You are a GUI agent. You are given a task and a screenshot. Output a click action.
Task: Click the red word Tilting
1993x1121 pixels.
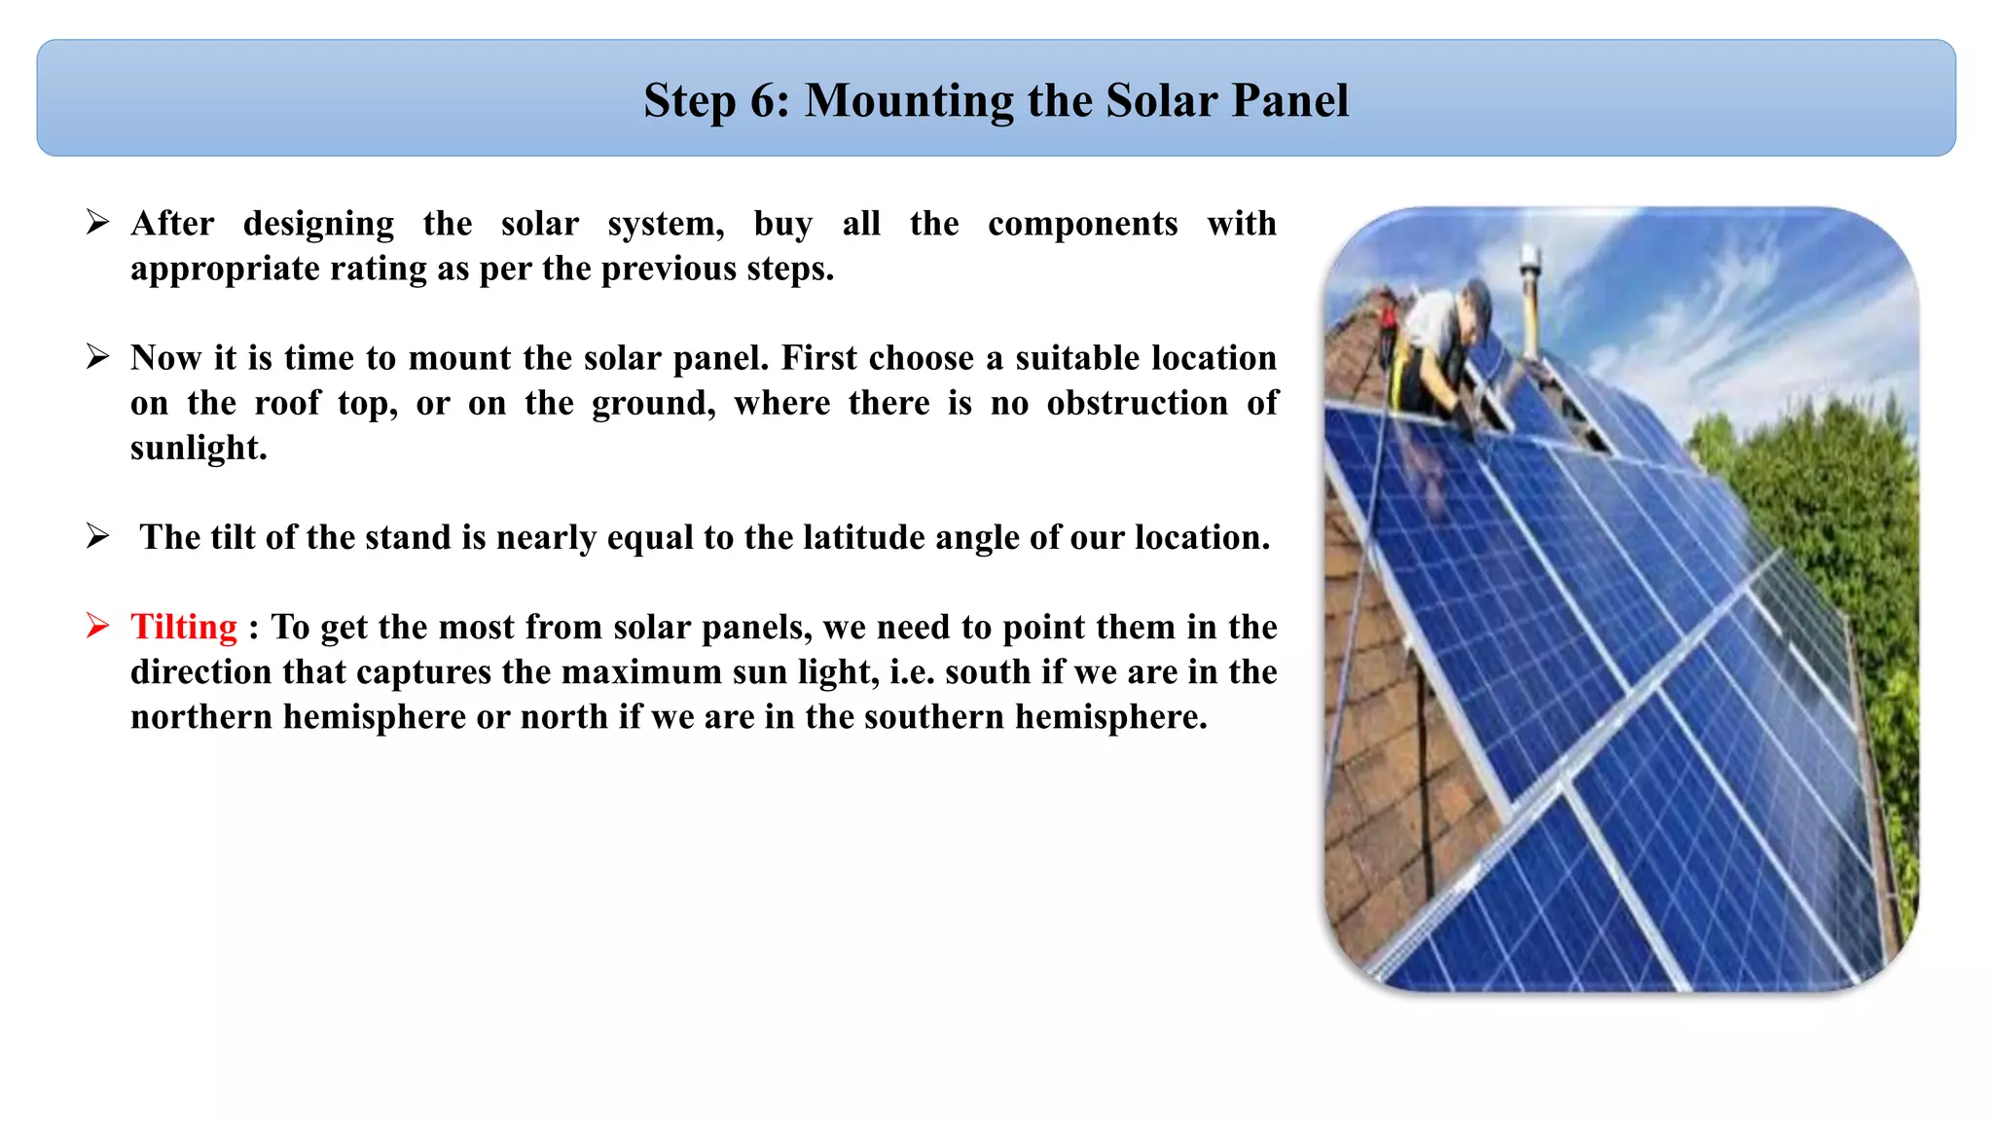click(x=184, y=628)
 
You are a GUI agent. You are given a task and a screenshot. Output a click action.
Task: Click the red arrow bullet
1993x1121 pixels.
click(x=97, y=626)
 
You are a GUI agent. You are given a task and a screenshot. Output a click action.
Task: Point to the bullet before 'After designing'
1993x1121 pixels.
click(x=97, y=223)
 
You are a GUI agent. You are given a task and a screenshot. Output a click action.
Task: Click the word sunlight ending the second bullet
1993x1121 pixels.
click(x=198, y=449)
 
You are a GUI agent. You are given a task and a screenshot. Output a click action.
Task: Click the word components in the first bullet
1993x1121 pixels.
click(x=1082, y=224)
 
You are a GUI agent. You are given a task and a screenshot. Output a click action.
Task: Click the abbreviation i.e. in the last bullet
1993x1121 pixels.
click(x=912, y=672)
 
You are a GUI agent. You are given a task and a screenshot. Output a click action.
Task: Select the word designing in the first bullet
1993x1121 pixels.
click(x=318, y=224)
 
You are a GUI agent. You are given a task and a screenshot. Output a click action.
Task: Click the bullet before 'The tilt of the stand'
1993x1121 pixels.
click(x=97, y=536)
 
